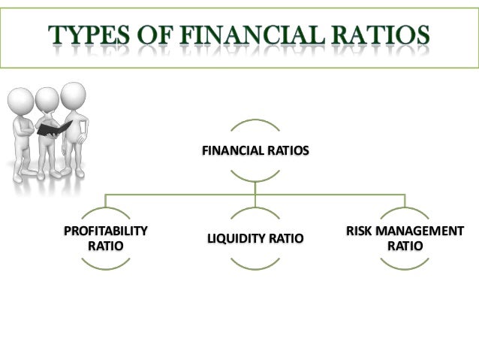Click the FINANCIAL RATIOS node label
pos(255,152)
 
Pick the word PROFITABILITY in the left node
pos(105,231)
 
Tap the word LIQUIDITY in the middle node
pos(233,238)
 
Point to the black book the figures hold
pos(55,129)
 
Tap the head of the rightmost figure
pos(74,94)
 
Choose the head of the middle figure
pos(47,98)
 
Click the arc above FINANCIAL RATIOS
pos(255,122)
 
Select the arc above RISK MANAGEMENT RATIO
pos(405,210)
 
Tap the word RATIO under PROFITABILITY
pos(105,246)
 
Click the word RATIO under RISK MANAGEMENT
pos(405,246)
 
